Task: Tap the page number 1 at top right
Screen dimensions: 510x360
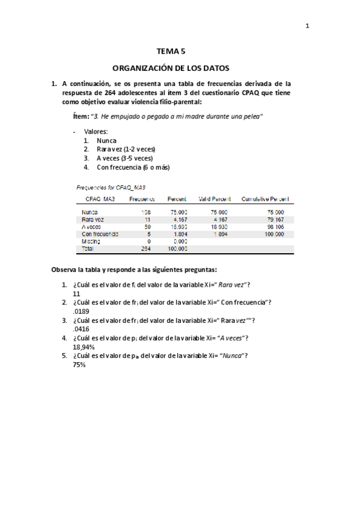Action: (x=307, y=25)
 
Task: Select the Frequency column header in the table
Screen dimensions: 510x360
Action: (x=142, y=198)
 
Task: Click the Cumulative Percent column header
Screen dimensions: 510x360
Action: (x=265, y=198)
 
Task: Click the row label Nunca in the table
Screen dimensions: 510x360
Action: (x=91, y=212)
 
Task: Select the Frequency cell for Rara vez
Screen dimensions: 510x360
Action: (x=147, y=220)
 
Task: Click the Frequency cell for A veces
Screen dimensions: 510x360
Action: (x=147, y=227)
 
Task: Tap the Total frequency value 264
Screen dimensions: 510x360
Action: (x=145, y=248)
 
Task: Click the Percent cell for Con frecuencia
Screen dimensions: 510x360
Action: (x=178, y=234)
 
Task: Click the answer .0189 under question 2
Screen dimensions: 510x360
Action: (x=81, y=312)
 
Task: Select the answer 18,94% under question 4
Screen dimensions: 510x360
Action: (x=84, y=346)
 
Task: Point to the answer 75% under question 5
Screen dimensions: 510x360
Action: (x=79, y=364)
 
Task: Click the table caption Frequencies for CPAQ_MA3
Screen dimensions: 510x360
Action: (x=111, y=187)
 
